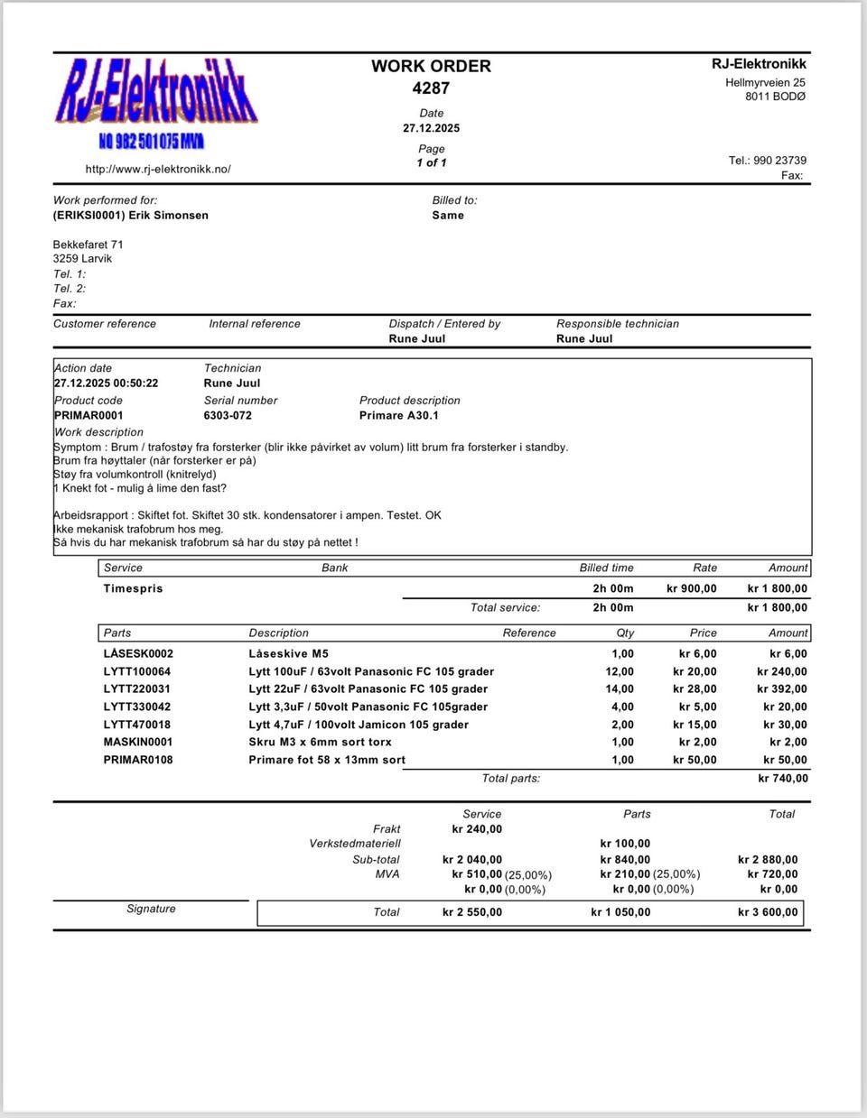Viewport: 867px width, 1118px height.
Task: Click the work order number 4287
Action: click(431, 88)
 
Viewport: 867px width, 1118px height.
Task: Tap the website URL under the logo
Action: click(158, 169)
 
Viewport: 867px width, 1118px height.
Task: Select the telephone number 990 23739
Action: click(779, 161)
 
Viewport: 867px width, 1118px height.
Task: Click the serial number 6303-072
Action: click(228, 416)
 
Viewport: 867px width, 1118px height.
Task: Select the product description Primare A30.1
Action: click(398, 416)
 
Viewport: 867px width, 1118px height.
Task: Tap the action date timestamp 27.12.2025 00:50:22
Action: click(106, 383)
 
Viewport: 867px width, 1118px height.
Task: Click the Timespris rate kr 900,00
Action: click(691, 589)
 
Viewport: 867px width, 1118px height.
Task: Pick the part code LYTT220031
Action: click(137, 689)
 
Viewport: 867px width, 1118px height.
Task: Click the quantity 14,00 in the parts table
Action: click(620, 689)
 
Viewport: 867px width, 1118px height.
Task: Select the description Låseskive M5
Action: click(288, 654)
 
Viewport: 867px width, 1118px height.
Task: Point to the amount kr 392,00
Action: click(782, 689)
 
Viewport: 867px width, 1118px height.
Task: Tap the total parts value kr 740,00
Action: click(783, 779)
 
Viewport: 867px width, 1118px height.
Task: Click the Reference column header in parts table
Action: click(529, 633)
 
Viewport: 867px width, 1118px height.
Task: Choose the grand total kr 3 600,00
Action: click(768, 912)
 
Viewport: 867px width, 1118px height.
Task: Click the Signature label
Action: click(151, 909)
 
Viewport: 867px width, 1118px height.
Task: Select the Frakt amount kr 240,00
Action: click(477, 829)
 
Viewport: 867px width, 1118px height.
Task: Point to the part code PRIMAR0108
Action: click(138, 760)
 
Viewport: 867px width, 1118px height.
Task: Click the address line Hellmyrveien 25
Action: click(765, 83)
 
